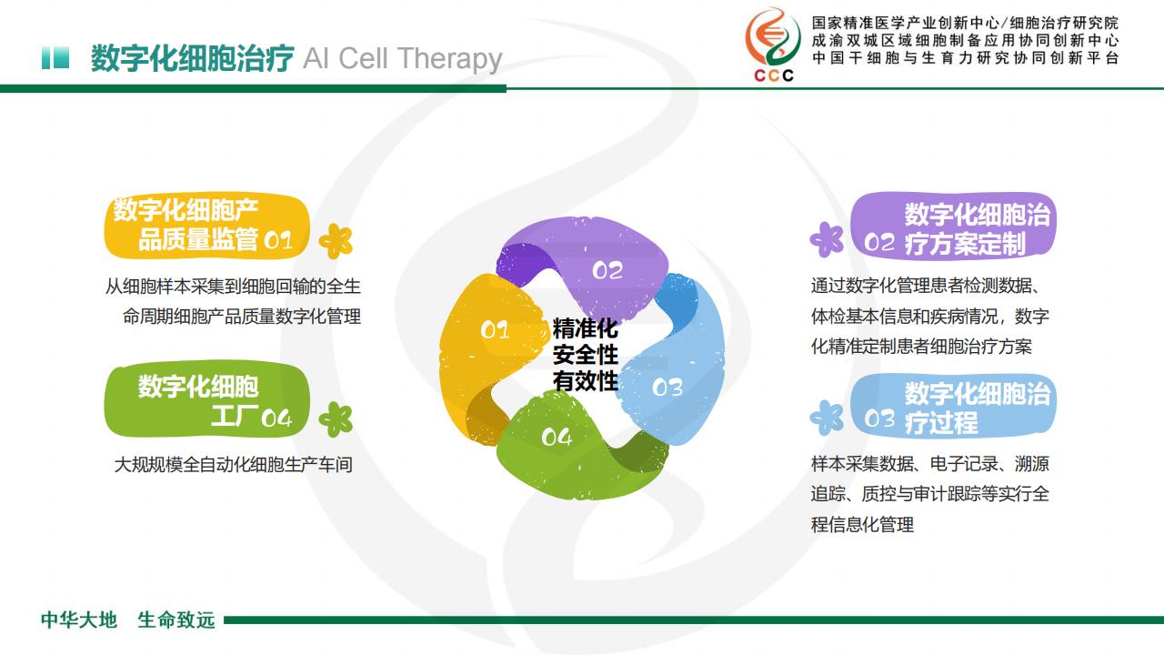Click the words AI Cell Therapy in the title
pos(402,59)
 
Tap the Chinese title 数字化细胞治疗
pos(192,58)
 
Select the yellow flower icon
pos(336,241)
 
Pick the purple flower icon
pos(827,239)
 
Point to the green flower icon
pos(336,419)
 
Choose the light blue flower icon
pos(827,418)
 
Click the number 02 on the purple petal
pos(607,270)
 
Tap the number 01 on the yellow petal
pos(494,329)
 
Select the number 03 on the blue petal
pos(667,388)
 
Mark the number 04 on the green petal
pos(557,437)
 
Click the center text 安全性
pos(585,355)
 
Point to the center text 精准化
pos(585,328)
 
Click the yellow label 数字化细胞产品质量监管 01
pos(206,227)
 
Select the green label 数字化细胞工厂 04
pos(206,399)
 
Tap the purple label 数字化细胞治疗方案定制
pos(953,227)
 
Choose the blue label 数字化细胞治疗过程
pos(953,406)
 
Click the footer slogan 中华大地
pos(79,620)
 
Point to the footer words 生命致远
pos(176,620)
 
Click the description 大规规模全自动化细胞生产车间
pos(234,465)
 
